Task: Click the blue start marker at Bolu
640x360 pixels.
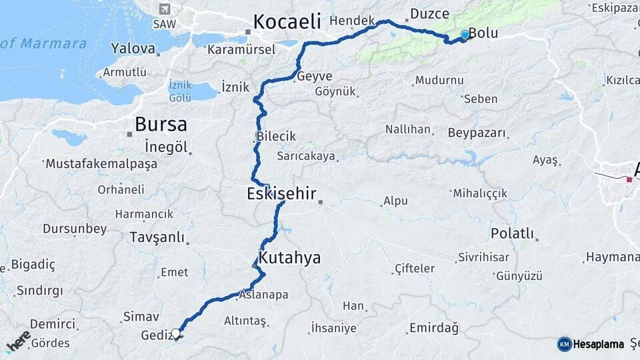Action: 465,35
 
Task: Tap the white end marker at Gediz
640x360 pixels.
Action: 176,333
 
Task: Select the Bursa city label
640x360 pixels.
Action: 161,124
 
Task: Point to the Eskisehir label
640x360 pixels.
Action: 281,194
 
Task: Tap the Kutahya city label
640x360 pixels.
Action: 289,258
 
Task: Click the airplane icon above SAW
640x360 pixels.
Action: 165,9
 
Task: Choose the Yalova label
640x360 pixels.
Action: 133,49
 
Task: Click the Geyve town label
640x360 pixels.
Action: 315,76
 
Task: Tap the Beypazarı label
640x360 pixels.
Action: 477,133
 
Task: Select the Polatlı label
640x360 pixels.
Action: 512,233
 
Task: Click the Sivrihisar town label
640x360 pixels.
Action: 484,257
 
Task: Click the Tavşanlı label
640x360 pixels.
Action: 157,237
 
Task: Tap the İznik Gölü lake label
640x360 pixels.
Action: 180,91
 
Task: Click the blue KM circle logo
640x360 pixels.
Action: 565,344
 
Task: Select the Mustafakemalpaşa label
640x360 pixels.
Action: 101,163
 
